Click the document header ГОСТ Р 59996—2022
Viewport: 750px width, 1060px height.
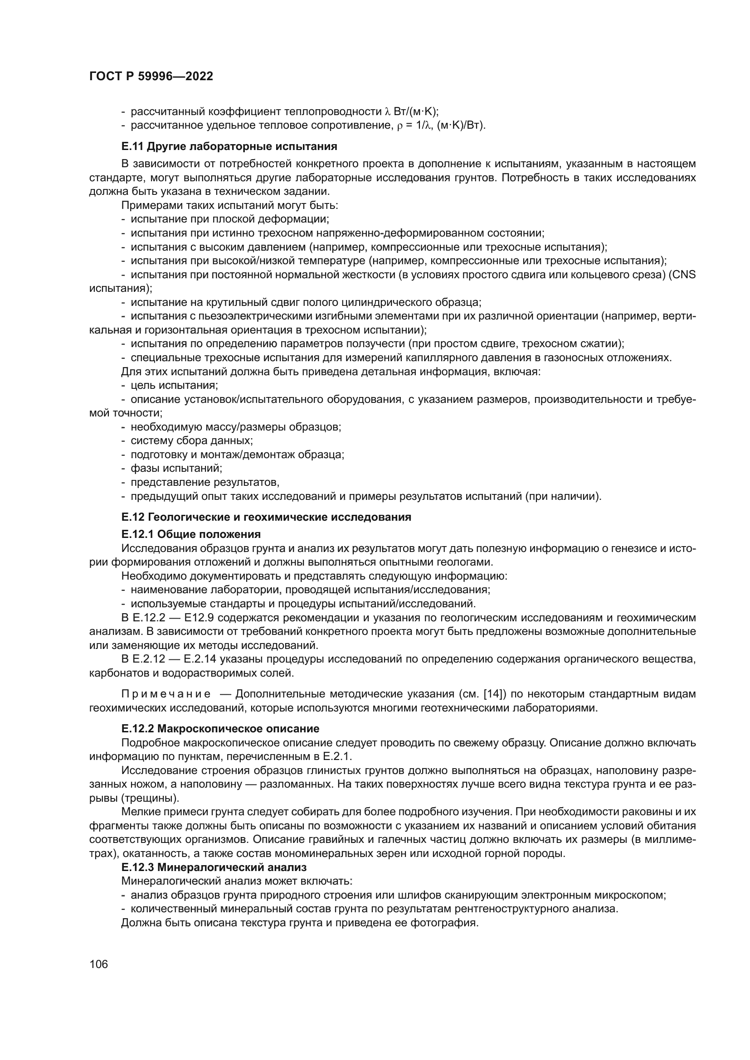(x=151, y=77)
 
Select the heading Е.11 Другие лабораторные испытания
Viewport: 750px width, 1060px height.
(x=229, y=147)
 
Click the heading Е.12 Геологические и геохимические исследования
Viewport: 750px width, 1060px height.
(x=266, y=517)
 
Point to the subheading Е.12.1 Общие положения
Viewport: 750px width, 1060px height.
(x=191, y=534)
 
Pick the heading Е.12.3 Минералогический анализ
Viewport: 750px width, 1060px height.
(x=214, y=867)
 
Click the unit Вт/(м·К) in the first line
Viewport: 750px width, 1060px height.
(x=416, y=112)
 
